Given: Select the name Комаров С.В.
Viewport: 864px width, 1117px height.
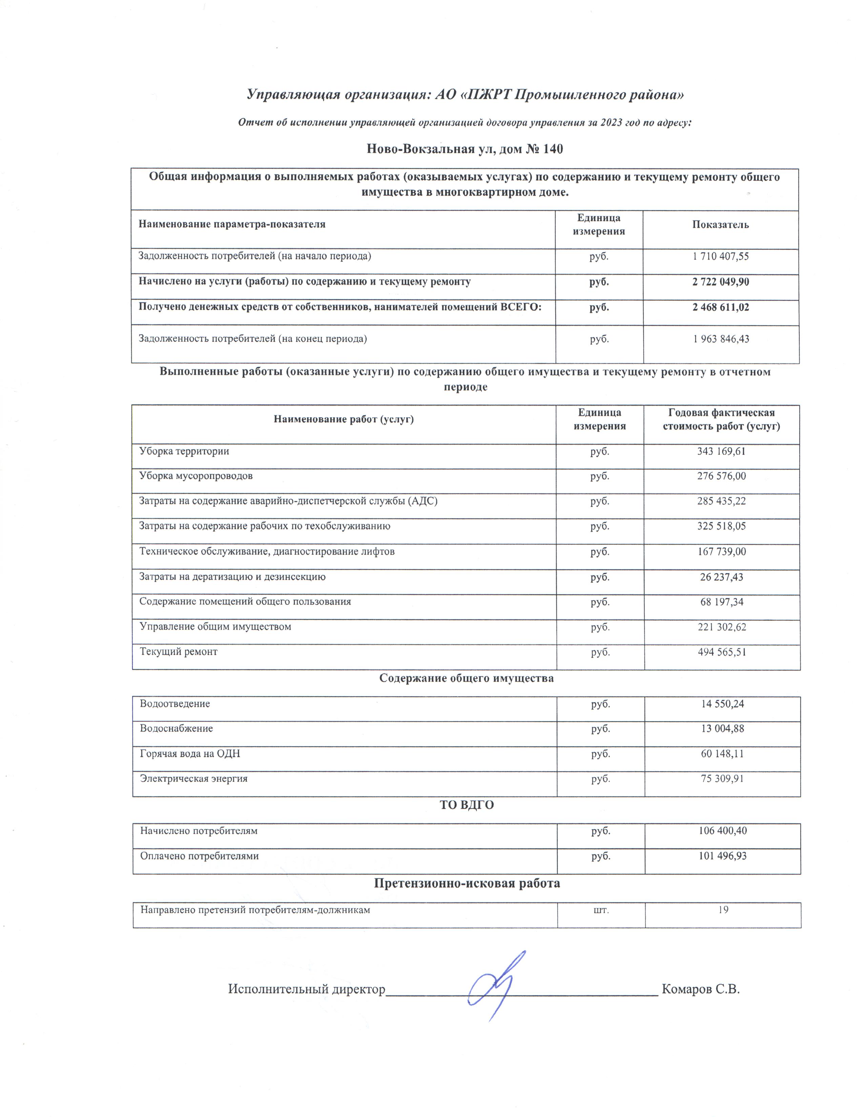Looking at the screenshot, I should [700, 989].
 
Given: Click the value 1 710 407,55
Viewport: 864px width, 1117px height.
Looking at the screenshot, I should [721, 256].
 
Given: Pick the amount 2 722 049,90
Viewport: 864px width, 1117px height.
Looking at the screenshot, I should [721, 282].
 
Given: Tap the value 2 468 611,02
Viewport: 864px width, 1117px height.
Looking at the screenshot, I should [721, 307].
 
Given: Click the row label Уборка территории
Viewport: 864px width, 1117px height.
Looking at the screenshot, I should [184, 451].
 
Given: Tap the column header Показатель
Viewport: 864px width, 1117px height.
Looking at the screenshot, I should [720, 224].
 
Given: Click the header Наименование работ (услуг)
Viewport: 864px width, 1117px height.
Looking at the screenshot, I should [344, 419].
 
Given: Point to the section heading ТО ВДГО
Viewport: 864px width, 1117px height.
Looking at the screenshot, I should [466, 805].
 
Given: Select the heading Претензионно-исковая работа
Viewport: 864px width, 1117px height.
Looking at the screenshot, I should [466, 883].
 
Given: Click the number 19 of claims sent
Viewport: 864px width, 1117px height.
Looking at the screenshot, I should [723, 910].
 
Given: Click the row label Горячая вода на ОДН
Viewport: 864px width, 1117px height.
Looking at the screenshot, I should [190, 754].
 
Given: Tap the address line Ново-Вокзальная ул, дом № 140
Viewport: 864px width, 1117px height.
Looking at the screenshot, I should [465, 149].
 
